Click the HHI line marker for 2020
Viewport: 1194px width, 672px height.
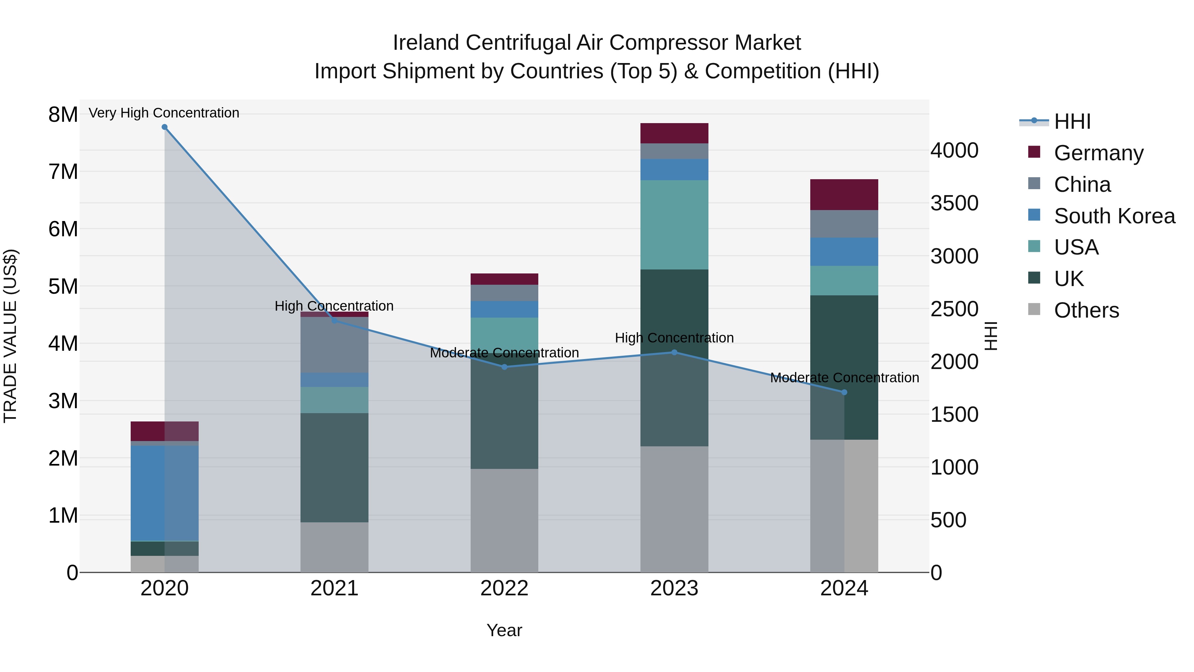[165, 127]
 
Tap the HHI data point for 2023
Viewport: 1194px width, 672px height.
[674, 352]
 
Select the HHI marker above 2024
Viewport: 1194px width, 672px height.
[844, 392]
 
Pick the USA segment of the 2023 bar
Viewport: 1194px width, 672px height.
[674, 225]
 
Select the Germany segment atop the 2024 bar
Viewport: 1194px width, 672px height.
[844, 195]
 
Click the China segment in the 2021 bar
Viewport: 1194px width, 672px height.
[334, 345]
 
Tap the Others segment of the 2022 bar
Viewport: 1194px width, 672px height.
[504, 520]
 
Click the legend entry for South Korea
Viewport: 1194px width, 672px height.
[1114, 216]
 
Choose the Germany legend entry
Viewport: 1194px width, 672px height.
[1098, 153]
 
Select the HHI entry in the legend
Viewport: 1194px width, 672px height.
[1072, 121]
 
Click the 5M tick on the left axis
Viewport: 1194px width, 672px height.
[63, 287]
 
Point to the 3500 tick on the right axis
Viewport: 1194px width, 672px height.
[954, 203]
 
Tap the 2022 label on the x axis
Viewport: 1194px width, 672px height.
[504, 588]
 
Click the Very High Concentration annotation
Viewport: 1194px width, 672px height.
[164, 113]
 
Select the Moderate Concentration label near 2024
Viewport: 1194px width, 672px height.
[844, 378]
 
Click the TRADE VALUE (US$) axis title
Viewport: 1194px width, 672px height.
[10, 336]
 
